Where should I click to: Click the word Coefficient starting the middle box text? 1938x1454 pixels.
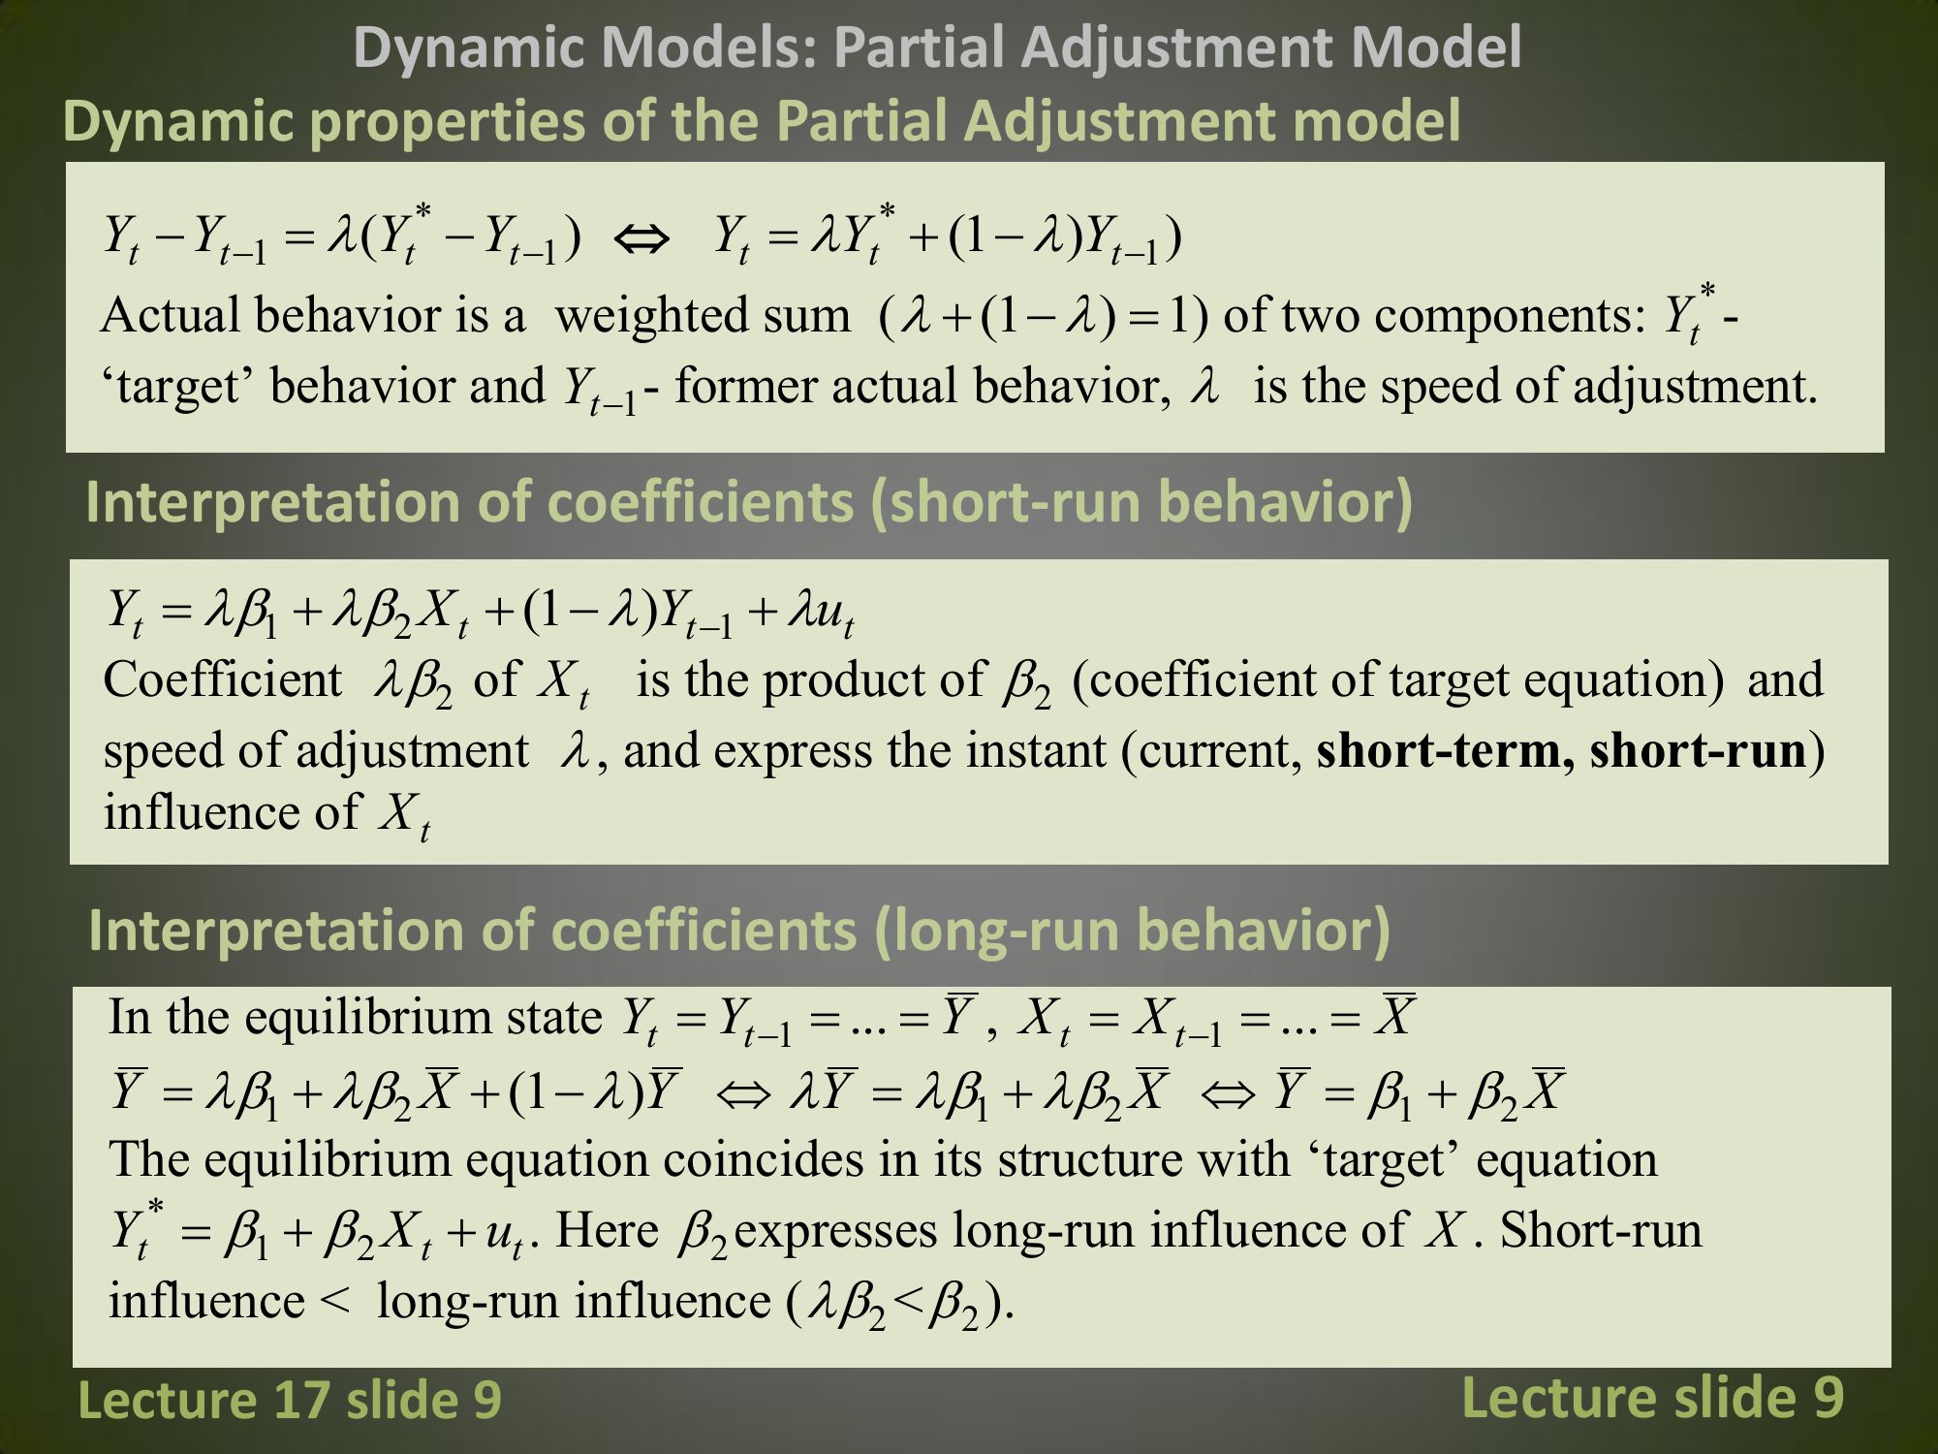point(223,680)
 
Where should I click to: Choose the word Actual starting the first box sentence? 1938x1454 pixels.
point(170,316)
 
